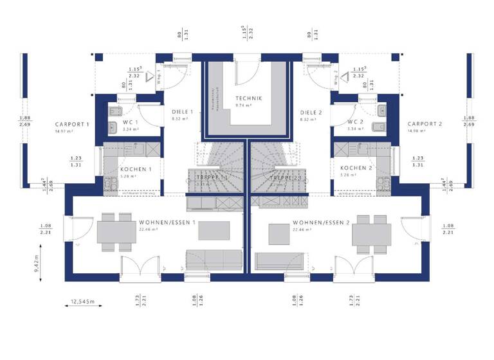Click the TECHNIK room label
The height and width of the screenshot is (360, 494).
tap(248, 98)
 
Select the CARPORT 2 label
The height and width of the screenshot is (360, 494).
tap(425, 124)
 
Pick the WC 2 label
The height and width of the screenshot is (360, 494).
tap(356, 122)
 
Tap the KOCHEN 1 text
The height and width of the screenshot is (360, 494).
tap(136, 169)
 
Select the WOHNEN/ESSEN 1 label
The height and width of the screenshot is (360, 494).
tap(167, 222)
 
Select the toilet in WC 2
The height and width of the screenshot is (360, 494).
tap(382, 125)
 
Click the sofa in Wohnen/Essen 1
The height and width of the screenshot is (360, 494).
tap(213, 260)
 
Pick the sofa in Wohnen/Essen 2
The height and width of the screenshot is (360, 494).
tap(280, 260)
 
